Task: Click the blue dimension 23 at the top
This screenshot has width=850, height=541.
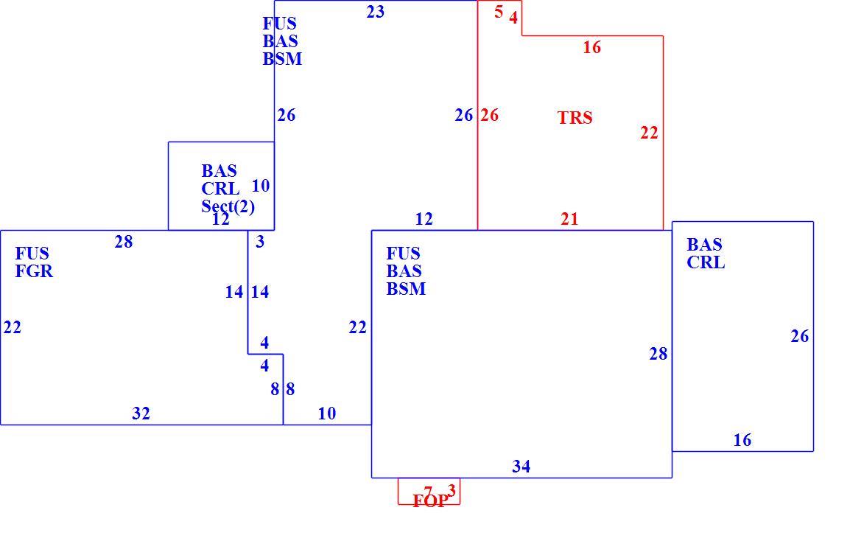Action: (x=375, y=11)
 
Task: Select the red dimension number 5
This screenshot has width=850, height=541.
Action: (x=499, y=11)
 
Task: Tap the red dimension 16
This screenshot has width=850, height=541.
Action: (x=592, y=47)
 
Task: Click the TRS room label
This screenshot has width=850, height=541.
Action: (x=575, y=117)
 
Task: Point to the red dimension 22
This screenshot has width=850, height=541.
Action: (x=649, y=133)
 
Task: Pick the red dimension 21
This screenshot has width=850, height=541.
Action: (x=569, y=219)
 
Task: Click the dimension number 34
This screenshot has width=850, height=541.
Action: (x=521, y=466)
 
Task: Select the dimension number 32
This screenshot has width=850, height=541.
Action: (x=141, y=413)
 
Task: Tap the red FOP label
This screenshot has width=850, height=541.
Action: (x=430, y=501)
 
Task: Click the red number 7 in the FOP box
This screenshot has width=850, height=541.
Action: (x=428, y=492)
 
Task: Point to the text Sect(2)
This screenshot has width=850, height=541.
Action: (x=228, y=206)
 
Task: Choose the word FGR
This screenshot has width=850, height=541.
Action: (x=34, y=270)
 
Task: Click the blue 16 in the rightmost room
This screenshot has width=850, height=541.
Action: (x=742, y=439)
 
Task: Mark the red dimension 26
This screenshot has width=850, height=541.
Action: (x=489, y=115)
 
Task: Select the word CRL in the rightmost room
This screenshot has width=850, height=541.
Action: (x=705, y=262)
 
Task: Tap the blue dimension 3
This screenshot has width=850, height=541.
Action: (x=260, y=242)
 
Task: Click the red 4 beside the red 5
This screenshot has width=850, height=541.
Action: (x=513, y=18)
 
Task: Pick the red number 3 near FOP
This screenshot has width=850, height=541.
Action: (x=452, y=491)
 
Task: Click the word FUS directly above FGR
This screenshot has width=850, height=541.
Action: (x=32, y=254)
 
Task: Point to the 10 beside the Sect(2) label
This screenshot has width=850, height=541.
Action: (x=260, y=186)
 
